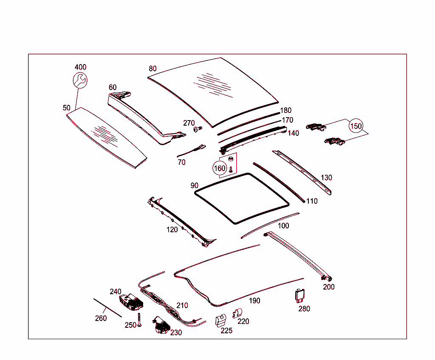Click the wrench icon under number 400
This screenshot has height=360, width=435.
pos(79,79)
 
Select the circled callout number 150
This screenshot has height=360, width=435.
pos(356,126)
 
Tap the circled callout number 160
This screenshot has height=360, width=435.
pos(220,168)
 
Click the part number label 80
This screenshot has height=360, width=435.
pos(153,68)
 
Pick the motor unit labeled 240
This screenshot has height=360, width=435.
pos(131,301)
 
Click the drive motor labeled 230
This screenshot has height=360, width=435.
pos(160,325)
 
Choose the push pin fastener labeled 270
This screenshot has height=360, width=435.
pos(197,128)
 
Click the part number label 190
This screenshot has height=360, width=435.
pos(254,301)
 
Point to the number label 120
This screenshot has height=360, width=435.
pos(172,230)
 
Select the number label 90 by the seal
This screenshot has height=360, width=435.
pos(195,186)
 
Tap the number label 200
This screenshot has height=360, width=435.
pos(328,287)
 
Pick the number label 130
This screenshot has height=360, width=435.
pos(326,177)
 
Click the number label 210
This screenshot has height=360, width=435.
pos(182,305)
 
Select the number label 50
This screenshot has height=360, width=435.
pos(67,108)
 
